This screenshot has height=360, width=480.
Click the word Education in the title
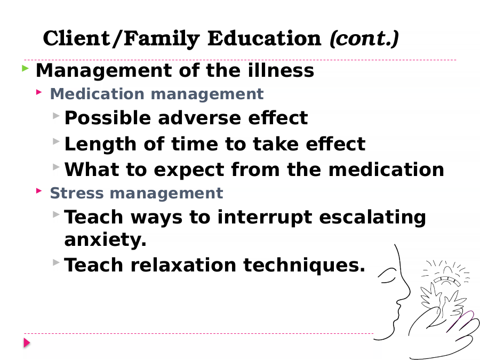pyautogui.click(x=265, y=38)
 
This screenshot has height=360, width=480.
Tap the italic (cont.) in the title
pyautogui.click(x=364, y=39)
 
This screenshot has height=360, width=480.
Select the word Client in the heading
pyautogui.click(x=77, y=38)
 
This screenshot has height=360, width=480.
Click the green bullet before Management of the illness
pyautogui.click(x=26, y=68)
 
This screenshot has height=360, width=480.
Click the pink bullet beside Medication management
pyautogui.click(x=39, y=92)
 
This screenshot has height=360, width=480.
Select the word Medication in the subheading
pyautogui.click(x=97, y=94)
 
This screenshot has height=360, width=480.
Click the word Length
pyautogui.click(x=100, y=145)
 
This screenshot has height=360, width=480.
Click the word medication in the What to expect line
pyautogui.click(x=386, y=169)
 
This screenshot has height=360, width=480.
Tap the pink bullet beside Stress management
pyautogui.click(x=39, y=191)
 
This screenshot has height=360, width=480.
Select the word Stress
pyautogui.click(x=77, y=193)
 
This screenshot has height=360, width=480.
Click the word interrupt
pyautogui.click(x=265, y=218)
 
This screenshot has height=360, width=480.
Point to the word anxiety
pyautogui.click(x=106, y=240)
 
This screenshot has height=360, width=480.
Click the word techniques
pyautogui.click(x=305, y=265)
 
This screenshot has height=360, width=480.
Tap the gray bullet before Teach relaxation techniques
pyautogui.click(x=56, y=262)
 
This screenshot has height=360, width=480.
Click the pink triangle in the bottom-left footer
pyautogui.click(x=27, y=343)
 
